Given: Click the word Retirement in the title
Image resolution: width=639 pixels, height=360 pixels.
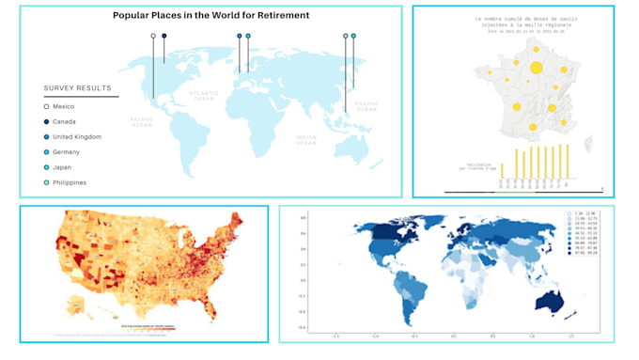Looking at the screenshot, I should [275, 16].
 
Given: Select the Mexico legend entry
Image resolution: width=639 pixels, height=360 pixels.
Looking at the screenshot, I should [64, 106].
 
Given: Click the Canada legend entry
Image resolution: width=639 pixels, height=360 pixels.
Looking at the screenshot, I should [65, 121].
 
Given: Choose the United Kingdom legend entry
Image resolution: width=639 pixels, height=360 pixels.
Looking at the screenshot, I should [77, 136].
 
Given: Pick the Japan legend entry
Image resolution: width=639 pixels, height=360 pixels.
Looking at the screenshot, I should [63, 167].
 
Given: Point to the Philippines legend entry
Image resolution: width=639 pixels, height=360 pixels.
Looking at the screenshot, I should [70, 182].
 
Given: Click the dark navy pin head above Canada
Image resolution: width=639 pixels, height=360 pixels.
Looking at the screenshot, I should [164, 36].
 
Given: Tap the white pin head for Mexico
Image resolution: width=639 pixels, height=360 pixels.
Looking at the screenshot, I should [153, 36].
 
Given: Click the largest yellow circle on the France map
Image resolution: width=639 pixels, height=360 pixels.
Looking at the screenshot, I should [537, 67].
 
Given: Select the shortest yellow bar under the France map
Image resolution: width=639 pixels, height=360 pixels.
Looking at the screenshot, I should [502, 170].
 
